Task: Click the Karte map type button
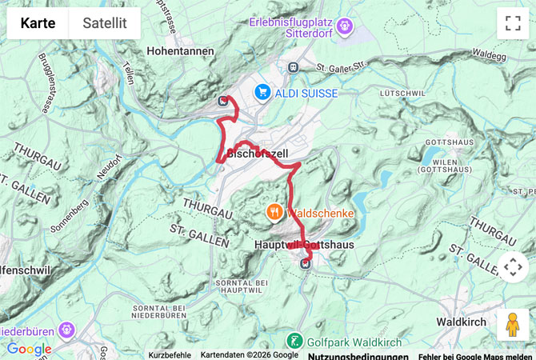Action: pyautogui.click(x=38, y=23)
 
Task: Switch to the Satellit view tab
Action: pyautogui.click(x=105, y=23)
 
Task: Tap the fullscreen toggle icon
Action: pyautogui.click(x=513, y=23)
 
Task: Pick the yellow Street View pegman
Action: pyautogui.click(x=513, y=325)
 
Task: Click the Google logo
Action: pyautogui.click(x=29, y=349)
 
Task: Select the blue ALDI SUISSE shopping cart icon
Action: pyautogui.click(x=262, y=93)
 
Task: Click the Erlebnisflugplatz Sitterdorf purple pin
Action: pyautogui.click(x=345, y=26)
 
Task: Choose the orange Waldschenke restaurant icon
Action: pyautogui.click(x=274, y=212)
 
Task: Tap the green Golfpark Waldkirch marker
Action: pyautogui.click(x=295, y=340)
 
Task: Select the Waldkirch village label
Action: pyautogui.click(x=462, y=321)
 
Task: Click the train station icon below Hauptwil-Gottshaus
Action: pyautogui.click(x=304, y=263)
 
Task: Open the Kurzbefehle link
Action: pyautogui.click(x=170, y=354)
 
